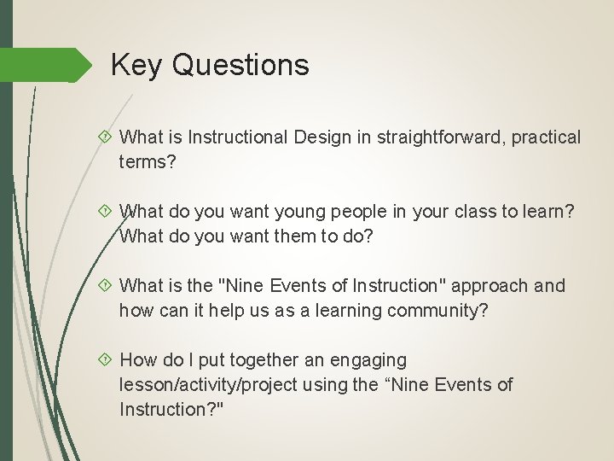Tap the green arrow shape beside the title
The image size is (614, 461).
51,66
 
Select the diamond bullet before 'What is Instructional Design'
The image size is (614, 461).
107,137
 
